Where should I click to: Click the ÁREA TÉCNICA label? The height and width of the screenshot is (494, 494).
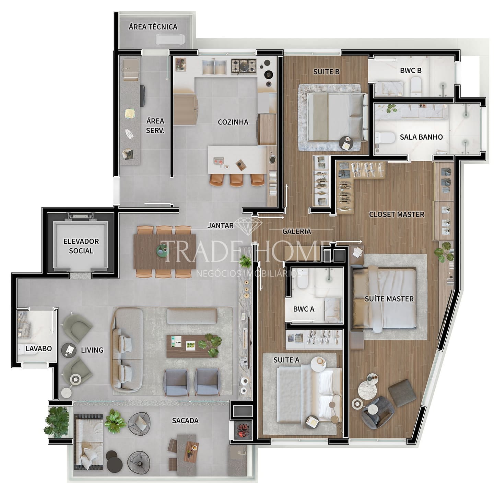coord(153,27)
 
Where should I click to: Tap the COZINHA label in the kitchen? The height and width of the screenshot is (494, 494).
coord(233,122)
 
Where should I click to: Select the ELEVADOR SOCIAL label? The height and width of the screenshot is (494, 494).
coord(81,246)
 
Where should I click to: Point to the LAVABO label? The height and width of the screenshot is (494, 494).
coord(38,349)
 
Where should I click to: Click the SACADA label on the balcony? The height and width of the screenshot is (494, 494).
coord(185,421)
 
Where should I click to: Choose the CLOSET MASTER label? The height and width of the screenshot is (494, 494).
coord(397,214)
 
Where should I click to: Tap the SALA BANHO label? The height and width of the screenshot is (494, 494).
coord(421,137)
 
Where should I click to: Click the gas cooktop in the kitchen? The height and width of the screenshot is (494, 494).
coord(244,66)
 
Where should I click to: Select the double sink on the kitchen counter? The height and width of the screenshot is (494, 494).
coord(214,67)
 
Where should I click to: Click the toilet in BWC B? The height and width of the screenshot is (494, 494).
coord(416,86)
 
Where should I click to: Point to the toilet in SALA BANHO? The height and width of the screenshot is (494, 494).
coord(385,137)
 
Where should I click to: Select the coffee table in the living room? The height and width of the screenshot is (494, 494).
coord(192,346)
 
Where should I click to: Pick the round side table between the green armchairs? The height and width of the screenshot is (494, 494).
coord(69,350)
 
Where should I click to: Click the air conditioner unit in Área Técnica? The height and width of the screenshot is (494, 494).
coord(170,39)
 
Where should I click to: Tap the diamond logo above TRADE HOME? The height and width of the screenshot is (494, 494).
coord(248,226)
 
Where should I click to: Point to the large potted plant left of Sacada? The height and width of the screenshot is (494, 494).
coord(57,422)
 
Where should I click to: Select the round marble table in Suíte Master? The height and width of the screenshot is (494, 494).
coord(367,390)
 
